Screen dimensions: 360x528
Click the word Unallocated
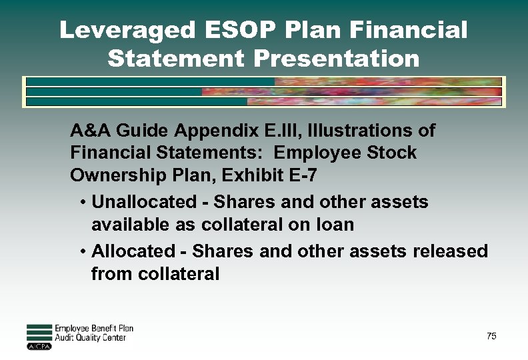(x=139, y=201)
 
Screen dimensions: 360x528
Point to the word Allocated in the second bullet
(x=132, y=251)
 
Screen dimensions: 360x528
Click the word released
(x=450, y=251)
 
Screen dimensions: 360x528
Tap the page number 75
(x=491, y=336)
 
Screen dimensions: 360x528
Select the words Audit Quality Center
(x=90, y=338)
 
